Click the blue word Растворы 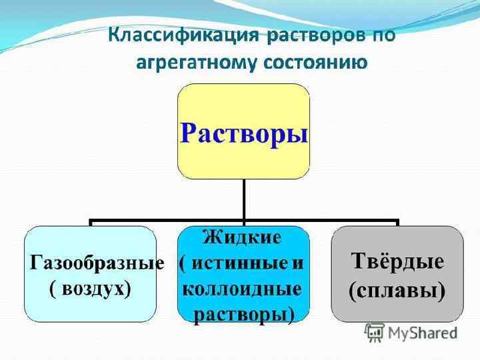pos(244,133)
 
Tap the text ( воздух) pos(91,289)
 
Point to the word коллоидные pos(241,289)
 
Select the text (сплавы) pos(397,289)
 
